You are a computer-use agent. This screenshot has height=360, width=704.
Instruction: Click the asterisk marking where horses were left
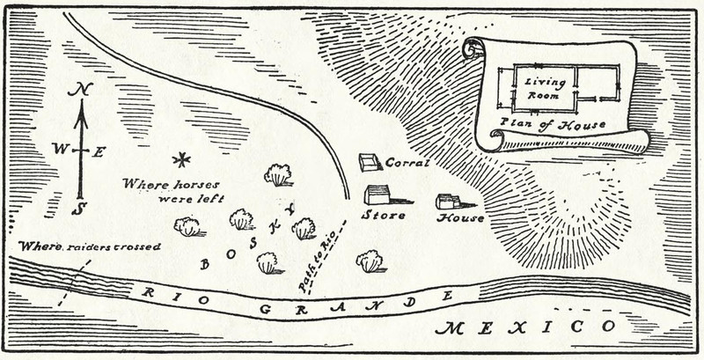tap(182, 159)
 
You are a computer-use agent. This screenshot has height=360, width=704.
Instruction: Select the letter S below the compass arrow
tap(79, 209)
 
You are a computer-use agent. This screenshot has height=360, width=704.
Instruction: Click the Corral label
tap(407, 164)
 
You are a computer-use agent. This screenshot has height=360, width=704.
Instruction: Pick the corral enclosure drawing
tap(370, 162)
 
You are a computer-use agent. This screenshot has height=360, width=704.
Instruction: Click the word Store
tap(385, 215)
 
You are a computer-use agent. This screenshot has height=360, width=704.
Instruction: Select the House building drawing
tap(449, 201)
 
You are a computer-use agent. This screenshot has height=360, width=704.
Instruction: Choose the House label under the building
tap(460, 217)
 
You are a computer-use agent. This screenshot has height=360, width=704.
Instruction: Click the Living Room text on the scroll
tap(544, 86)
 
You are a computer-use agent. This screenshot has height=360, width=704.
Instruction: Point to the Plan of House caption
tap(554, 124)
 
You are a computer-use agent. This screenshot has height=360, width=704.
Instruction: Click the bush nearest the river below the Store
tap(370, 261)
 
